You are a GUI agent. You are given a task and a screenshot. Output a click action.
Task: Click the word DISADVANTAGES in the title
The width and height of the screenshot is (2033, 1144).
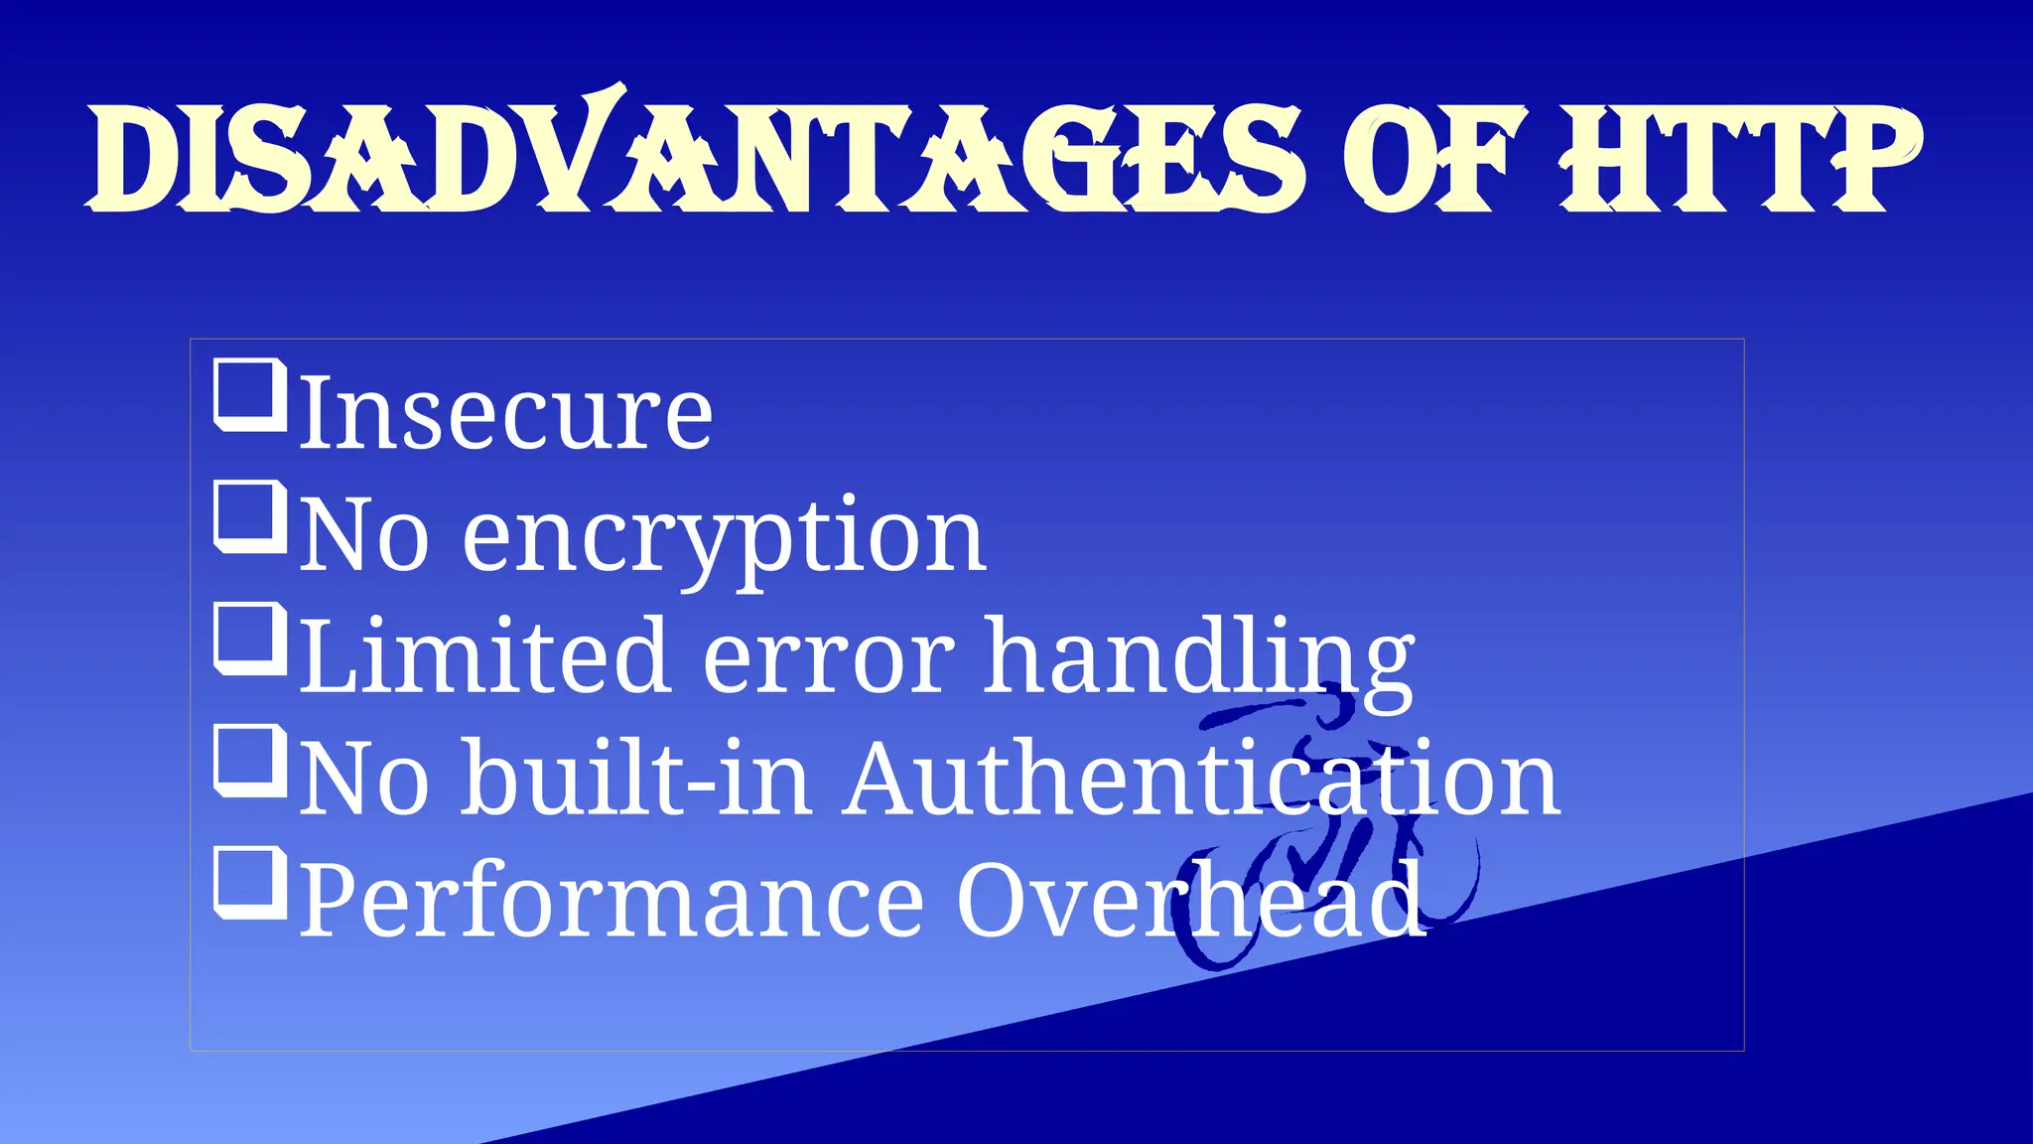coord(695,159)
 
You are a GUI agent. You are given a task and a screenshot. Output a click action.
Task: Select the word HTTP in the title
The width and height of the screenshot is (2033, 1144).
coord(1739,159)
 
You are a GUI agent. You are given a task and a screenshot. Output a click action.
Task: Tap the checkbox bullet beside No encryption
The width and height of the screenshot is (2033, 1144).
coord(250,517)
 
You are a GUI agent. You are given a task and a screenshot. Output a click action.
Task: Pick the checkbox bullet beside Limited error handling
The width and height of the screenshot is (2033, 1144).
coord(250,640)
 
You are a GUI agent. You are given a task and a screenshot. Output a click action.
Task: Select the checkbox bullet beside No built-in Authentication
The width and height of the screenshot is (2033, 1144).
coord(250,763)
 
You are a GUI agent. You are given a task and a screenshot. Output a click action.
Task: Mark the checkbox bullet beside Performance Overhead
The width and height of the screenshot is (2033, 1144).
coord(250,884)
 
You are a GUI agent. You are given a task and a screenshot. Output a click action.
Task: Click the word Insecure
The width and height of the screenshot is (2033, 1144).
coord(506,413)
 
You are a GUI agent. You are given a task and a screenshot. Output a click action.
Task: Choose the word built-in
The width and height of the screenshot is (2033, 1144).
coord(635,779)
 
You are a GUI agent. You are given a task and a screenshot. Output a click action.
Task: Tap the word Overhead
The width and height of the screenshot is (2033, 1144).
coord(1191,900)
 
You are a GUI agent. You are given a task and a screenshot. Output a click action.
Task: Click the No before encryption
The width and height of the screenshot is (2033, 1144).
coord(364,536)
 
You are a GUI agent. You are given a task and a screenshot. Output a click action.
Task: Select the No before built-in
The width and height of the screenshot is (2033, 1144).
coord(364,781)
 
